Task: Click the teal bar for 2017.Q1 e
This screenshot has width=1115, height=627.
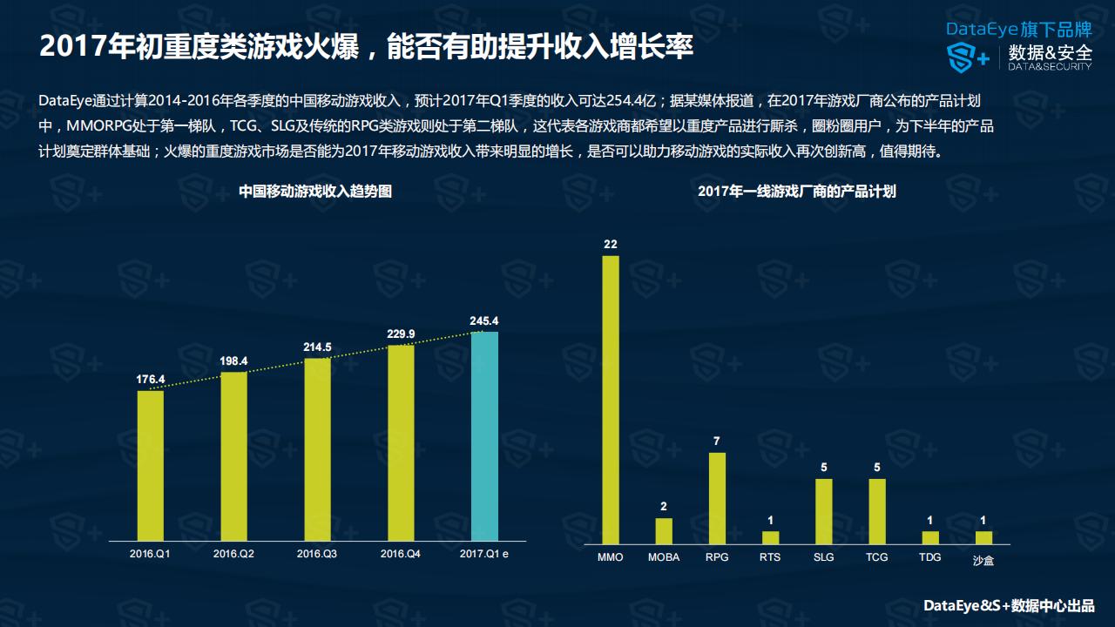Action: (x=484, y=435)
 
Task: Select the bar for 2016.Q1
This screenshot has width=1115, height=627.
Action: (x=151, y=465)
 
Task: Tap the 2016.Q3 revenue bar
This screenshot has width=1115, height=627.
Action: (x=317, y=448)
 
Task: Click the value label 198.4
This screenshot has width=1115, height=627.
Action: (x=233, y=361)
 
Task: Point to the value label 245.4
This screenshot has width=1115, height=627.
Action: (x=484, y=320)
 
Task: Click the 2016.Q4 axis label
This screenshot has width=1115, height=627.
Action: (x=401, y=554)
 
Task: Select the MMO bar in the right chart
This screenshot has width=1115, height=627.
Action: (x=611, y=399)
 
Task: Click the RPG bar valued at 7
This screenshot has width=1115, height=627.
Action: (x=717, y=497)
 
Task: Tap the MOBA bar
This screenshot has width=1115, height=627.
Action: (x=664, y=530)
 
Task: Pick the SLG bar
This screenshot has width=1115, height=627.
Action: (x=823, y=510)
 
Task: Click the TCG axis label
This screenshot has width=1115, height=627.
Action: (x=877, y=557)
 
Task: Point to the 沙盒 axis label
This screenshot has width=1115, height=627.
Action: (x=983, y=560)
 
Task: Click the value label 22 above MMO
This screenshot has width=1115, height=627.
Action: (x=611, y=244)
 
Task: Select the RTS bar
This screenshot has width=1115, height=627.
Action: (x=770, y=537)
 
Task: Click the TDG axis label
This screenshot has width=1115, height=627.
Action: (x=930, y=557)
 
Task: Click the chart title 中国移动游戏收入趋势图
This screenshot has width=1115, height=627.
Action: (x=315, y=192)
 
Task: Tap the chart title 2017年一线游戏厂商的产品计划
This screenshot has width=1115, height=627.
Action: (x=796, y=192)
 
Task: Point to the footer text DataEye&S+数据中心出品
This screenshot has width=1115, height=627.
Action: (x=1008, y=606)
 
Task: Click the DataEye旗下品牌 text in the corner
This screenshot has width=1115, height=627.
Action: (x=1018, y=29)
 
